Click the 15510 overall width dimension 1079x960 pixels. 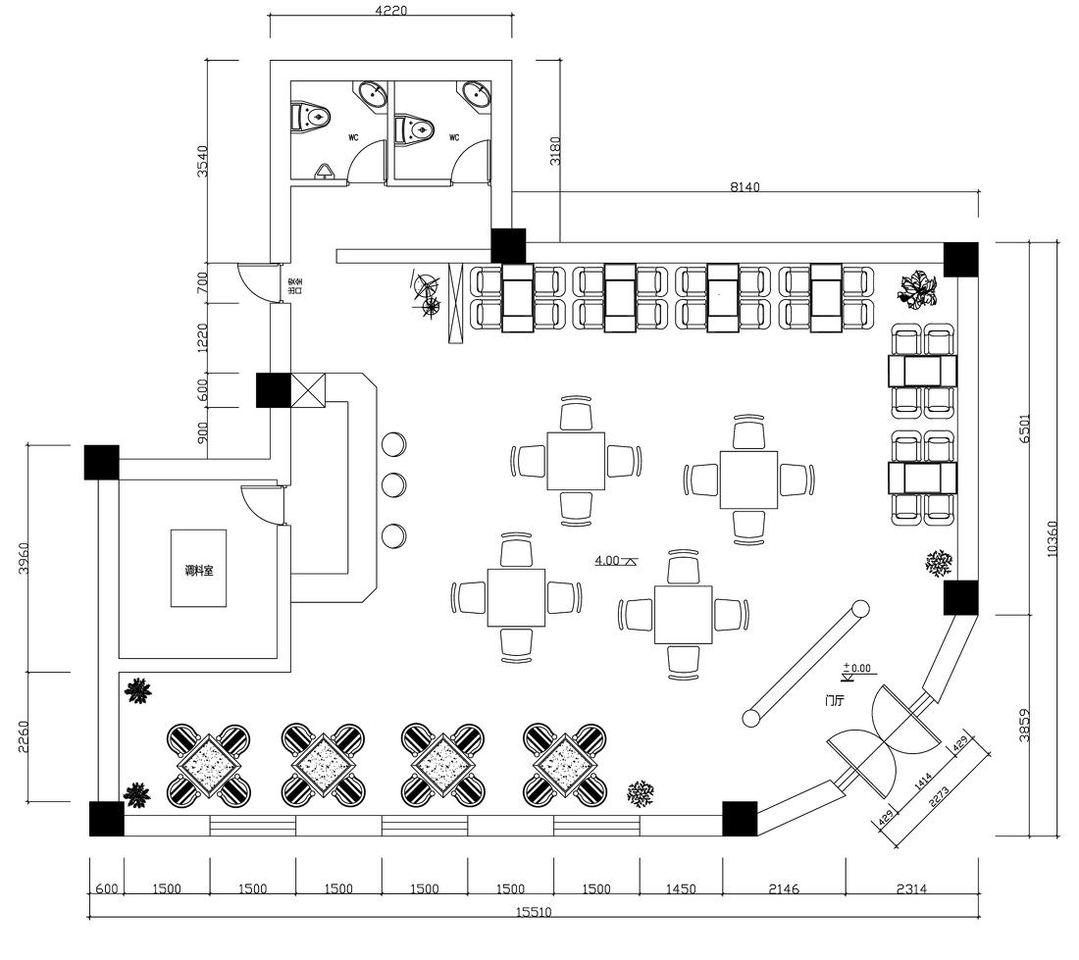(534, 911)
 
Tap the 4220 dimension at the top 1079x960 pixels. (390, 11)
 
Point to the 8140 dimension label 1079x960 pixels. (745, 186)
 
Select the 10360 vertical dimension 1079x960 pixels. (1053, 538)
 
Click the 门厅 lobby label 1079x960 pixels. (836, 701)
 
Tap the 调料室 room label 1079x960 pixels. (198, 570)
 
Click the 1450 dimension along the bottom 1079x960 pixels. (681, 889)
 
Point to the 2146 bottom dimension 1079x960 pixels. (784, 889)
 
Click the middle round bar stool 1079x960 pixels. (393, 484)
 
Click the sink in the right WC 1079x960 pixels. (476, 95)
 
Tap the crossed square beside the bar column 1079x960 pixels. (306, 390)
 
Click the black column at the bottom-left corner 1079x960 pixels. (106, 819)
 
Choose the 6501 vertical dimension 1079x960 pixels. (1025, 429)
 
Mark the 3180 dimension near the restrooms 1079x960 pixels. (555, 149)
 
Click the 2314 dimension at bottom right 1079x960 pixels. (911, 889)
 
